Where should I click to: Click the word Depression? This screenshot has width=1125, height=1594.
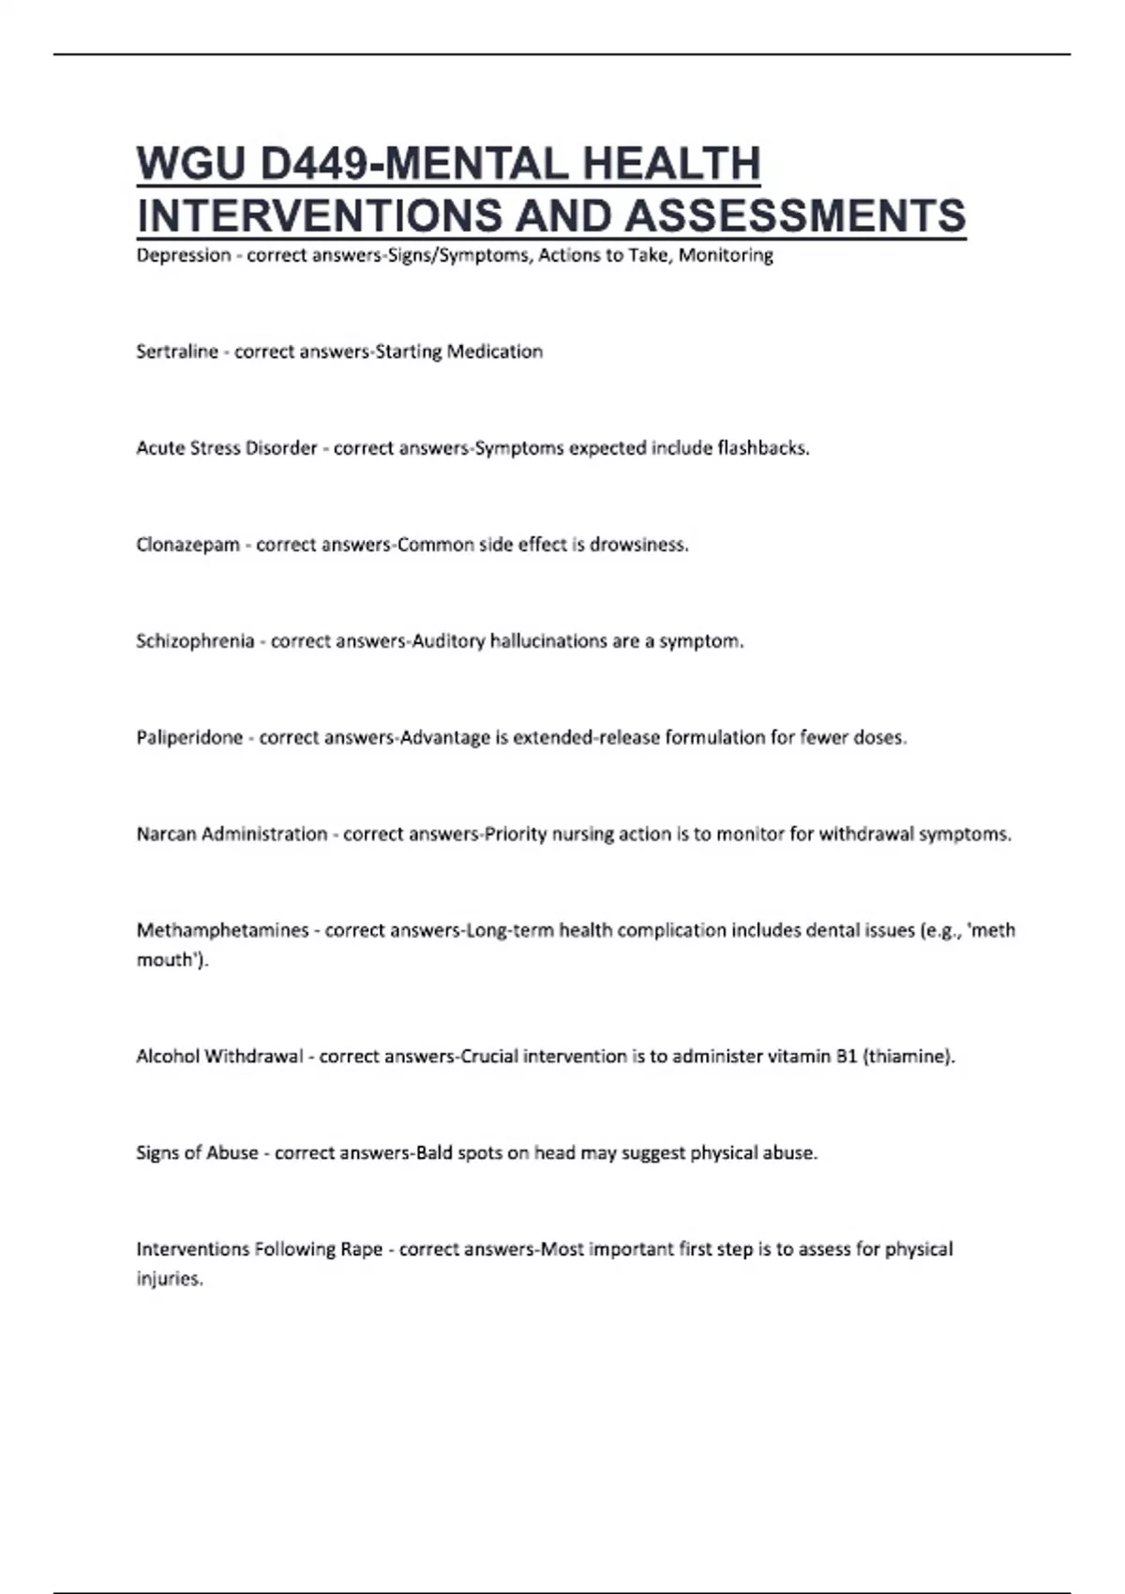coord(184,255)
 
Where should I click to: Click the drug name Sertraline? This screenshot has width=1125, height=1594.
coord(177,352)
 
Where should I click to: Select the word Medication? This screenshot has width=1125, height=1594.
coord(494,352)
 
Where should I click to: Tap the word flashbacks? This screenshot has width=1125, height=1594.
coord(762,448)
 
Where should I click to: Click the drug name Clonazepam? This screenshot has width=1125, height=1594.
coord(187,545)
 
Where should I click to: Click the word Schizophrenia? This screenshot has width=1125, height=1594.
coord(195,641)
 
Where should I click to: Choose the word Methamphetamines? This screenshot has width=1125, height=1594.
coord(222,931)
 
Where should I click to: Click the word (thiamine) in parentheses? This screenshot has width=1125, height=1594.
coord(908,1057)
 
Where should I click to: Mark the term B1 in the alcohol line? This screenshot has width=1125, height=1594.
coord(847,1057)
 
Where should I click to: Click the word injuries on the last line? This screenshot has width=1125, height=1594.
coord(169,1279)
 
